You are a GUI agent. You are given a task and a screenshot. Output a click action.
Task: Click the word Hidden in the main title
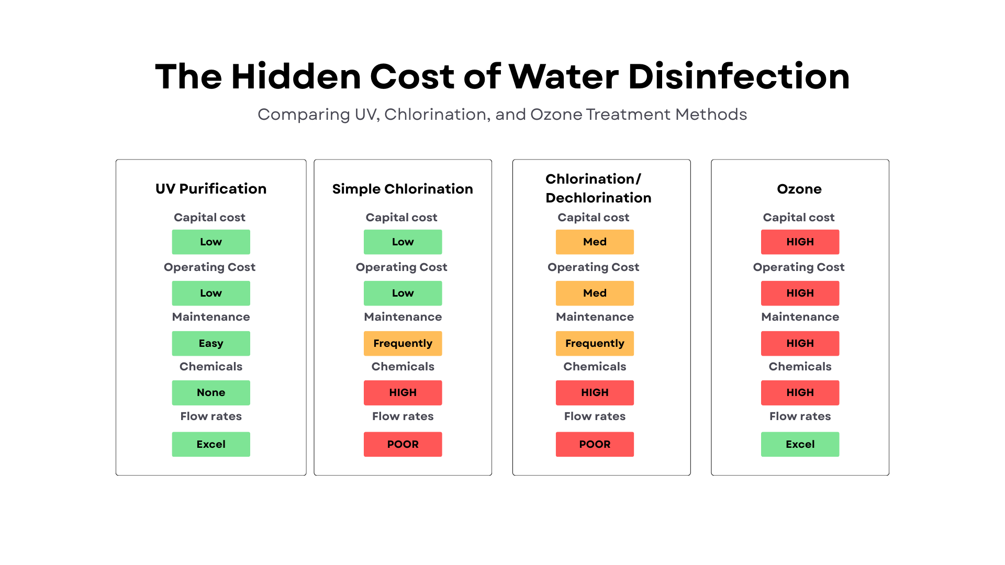(x=296, y=77)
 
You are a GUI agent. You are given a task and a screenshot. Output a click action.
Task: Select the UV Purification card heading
(x=211, y=189)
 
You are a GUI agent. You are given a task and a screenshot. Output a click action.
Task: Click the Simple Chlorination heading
(x=403, y=189)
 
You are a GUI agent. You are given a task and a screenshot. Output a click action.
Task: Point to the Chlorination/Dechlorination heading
(x=598, y=188)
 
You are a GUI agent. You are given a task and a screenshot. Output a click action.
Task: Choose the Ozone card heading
(x=799, y=189)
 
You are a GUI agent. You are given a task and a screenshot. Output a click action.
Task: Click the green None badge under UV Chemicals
(x=211, y=393)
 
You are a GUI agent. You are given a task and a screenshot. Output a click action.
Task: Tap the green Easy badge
(x=211, y=344)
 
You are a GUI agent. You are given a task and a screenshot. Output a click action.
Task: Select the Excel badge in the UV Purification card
(x=211, y=444)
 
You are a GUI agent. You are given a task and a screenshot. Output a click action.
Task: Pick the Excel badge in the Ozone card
(x=800, y=444)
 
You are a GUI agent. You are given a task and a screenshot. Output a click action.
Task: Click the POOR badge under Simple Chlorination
(x=403, y=444)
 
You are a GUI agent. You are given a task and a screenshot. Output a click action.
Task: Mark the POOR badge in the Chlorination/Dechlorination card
(x=595, y=444)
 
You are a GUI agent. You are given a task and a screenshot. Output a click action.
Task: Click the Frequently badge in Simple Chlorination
(x=403, y=344)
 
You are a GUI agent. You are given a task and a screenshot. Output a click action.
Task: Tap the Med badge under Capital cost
(x=595, y=242)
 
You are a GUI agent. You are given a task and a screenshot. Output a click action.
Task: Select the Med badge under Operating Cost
(x=595, y=293)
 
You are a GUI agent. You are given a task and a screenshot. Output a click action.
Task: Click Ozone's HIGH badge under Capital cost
(x=800, y=242)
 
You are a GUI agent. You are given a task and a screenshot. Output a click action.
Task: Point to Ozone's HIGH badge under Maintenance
(x=800, y=344)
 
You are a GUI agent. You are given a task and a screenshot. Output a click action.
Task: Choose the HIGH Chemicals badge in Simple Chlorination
(x=403, y=393)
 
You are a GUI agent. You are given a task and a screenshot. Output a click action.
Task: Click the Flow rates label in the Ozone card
(x=800, y=416)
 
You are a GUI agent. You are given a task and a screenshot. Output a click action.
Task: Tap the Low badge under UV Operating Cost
(x=211, y=293)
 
